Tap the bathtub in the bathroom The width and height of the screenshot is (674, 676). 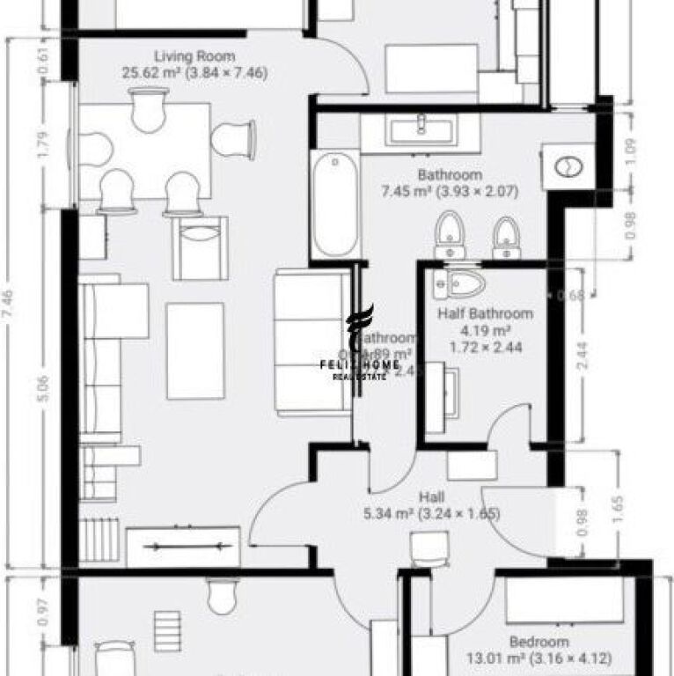(x=334, y=205)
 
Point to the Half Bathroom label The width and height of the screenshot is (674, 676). (x=485, y=313)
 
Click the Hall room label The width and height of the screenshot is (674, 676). (x=431, y=496)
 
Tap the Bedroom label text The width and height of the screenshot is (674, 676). (x=538, y=642)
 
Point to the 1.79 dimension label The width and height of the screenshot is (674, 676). (x=44, y=142)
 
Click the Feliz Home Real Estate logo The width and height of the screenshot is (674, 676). (x=366, y=344)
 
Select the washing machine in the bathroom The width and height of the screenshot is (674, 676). (x=569, y=165)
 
